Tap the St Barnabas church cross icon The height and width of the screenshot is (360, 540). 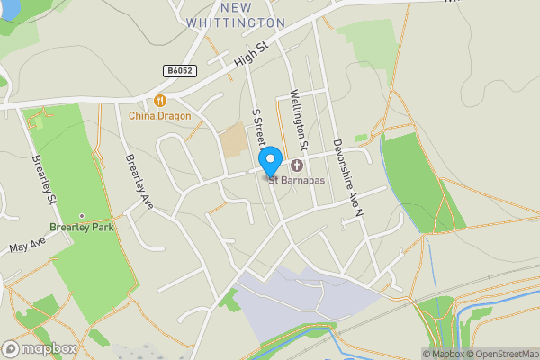pos(297,166)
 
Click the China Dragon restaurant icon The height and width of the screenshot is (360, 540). pos(160,101)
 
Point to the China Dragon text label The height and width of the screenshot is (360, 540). pos(160,115)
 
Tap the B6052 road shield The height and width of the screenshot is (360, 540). pos(182,69)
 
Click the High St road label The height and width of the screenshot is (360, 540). pos(251,57)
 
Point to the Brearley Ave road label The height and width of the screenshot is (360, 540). pos(139,182)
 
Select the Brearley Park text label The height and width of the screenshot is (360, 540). pos(82,228)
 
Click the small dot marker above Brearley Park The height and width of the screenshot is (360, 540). pos(82,216)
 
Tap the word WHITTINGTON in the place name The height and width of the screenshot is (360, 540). pos(235,22)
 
